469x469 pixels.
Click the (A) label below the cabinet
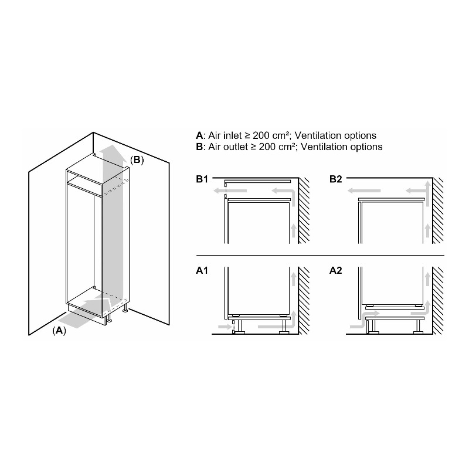(59, 331)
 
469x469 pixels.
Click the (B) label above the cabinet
(137, 160)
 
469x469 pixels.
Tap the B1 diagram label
(202, 179)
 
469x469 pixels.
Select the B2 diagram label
(335, 179)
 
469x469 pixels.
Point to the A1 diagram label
(202, 270)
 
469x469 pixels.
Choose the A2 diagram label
(335, 270)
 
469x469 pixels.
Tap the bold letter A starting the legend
(199, 136)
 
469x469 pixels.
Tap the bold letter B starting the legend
(199, 147)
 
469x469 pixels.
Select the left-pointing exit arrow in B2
(364, 191)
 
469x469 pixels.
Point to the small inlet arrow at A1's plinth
(226, 327)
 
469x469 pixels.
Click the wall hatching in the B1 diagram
(304, 210)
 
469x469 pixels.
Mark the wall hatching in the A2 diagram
(438, 301)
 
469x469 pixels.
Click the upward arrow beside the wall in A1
(294, 279)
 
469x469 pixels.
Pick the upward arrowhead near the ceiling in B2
(428, 185)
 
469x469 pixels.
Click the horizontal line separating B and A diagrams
(320, 256)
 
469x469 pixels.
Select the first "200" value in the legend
(261, 136)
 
